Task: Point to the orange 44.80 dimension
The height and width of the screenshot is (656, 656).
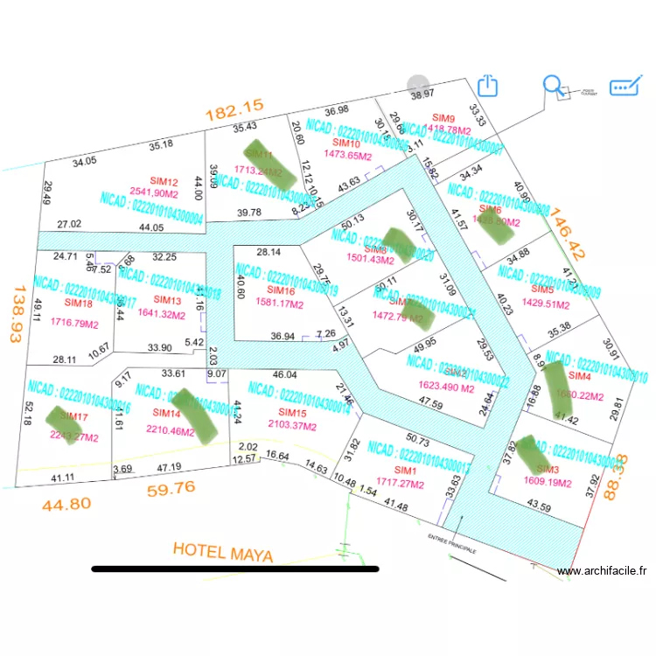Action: (66, 504)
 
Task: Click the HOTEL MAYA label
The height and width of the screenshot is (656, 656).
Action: (223, 552)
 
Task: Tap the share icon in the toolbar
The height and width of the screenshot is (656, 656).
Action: (488, 86)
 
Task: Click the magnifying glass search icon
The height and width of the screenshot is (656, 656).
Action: (554, 86)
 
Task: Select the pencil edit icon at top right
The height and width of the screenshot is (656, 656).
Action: (625, 86)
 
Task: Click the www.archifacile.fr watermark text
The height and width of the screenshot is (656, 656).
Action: (602, 571)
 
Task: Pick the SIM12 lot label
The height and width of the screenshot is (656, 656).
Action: (164, 181)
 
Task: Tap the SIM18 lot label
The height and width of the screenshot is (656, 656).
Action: (78, 303)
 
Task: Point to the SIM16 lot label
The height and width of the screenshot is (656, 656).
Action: (280, 291)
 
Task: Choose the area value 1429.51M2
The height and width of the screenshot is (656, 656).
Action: (545, 304)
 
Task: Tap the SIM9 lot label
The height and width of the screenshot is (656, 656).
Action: (444, 118)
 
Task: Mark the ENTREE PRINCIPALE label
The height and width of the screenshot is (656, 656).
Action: (451, 543)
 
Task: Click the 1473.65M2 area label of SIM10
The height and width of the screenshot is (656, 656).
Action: (348, 155)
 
